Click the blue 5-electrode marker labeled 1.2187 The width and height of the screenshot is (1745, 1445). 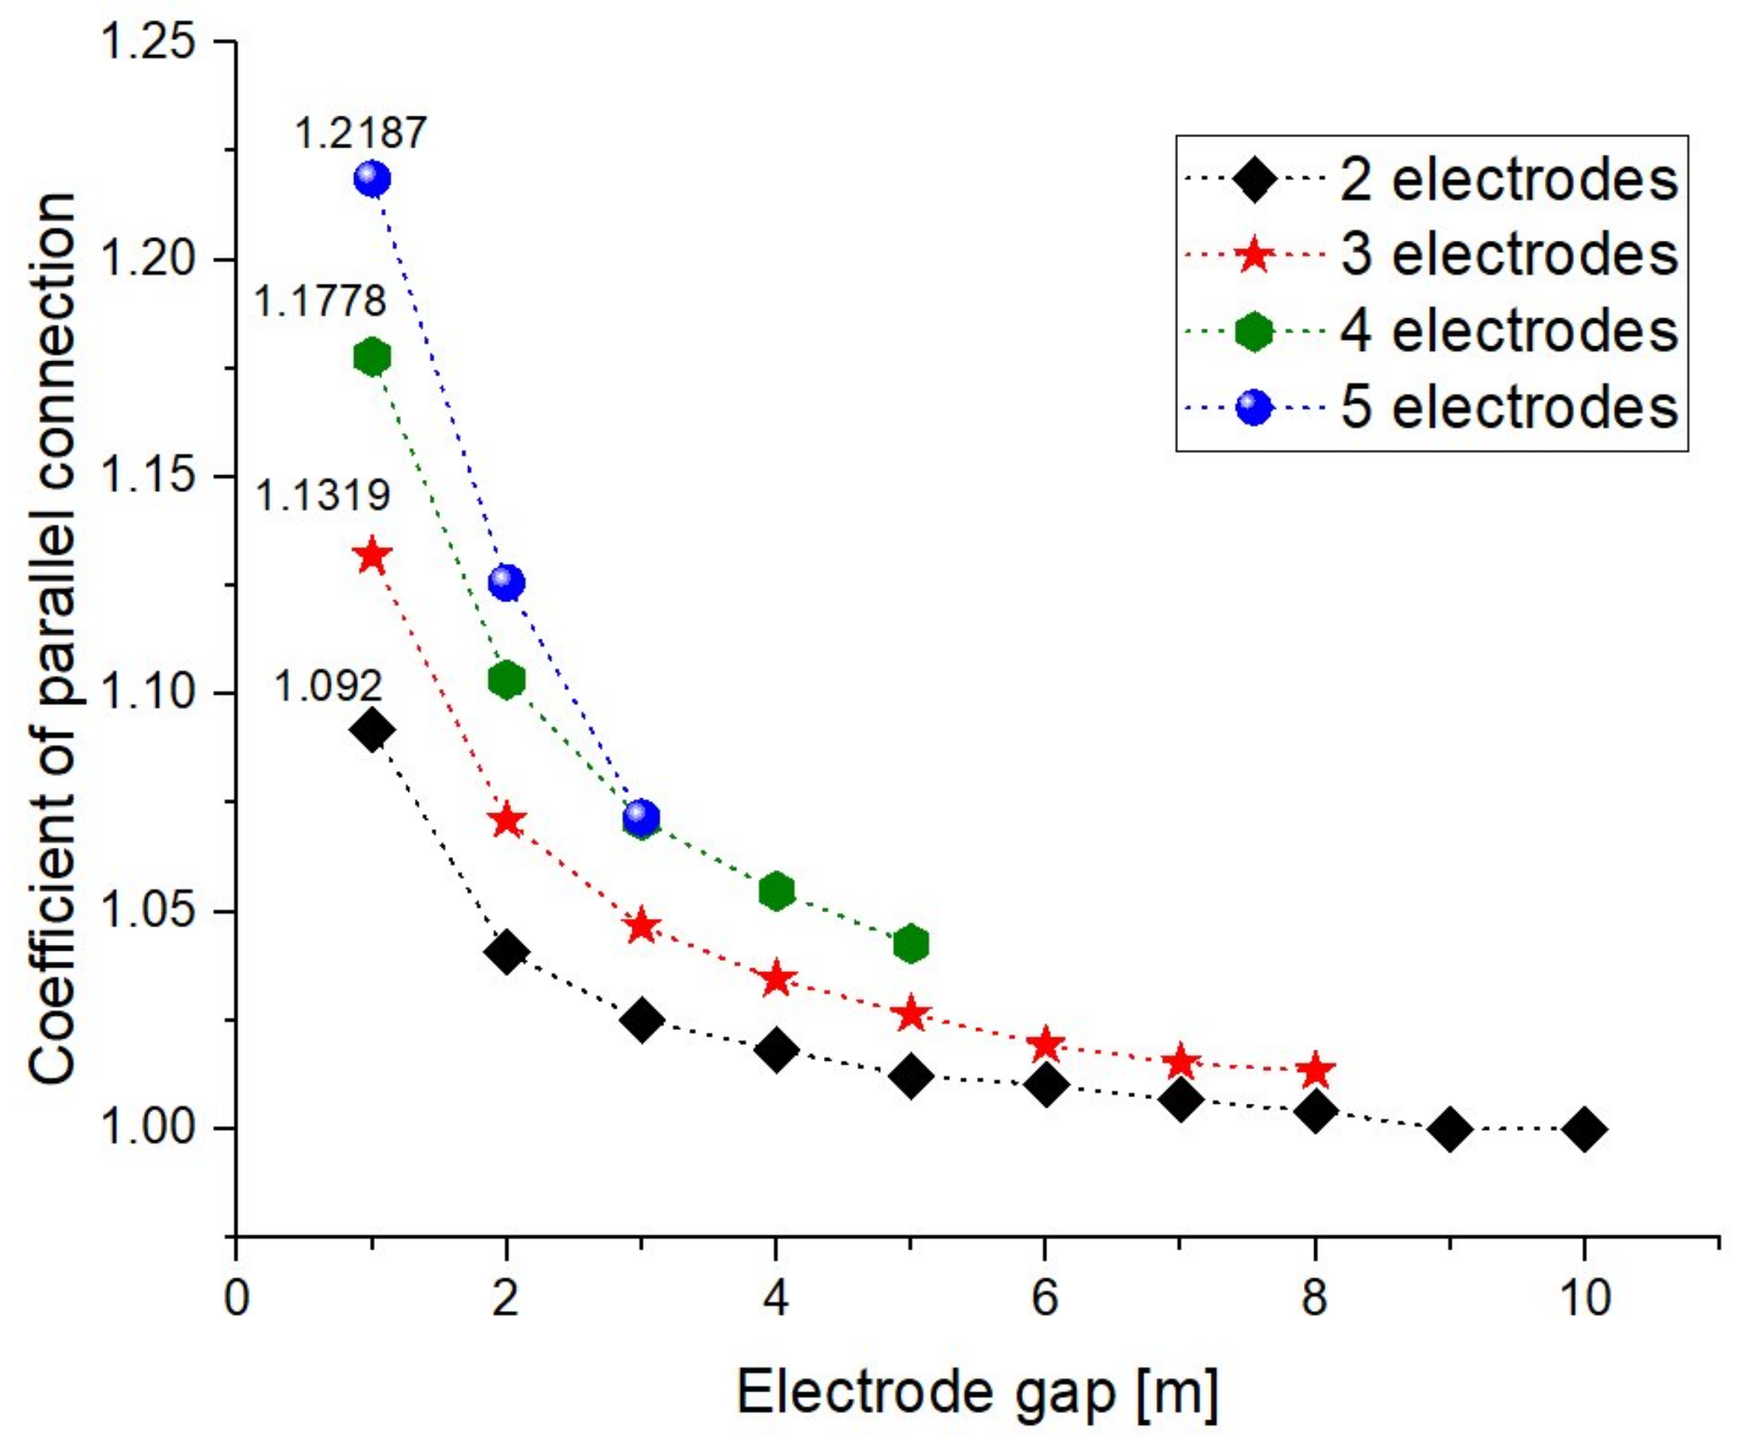pos(372,179)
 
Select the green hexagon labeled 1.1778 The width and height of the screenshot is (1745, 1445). pos(372,356)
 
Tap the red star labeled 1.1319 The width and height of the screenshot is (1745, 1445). pos(372,556)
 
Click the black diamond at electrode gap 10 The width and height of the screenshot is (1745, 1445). pos(1584,1129)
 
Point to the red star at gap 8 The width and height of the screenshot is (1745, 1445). pos(1314,1071)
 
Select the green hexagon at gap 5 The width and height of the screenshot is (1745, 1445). pos(911,943)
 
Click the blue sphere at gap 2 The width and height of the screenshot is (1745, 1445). pos(506,582)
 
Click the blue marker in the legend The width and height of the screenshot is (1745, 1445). pos(1254,408)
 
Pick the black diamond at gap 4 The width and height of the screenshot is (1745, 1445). pos(775,1050)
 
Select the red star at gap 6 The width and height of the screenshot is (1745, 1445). pos(1046,1045)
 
